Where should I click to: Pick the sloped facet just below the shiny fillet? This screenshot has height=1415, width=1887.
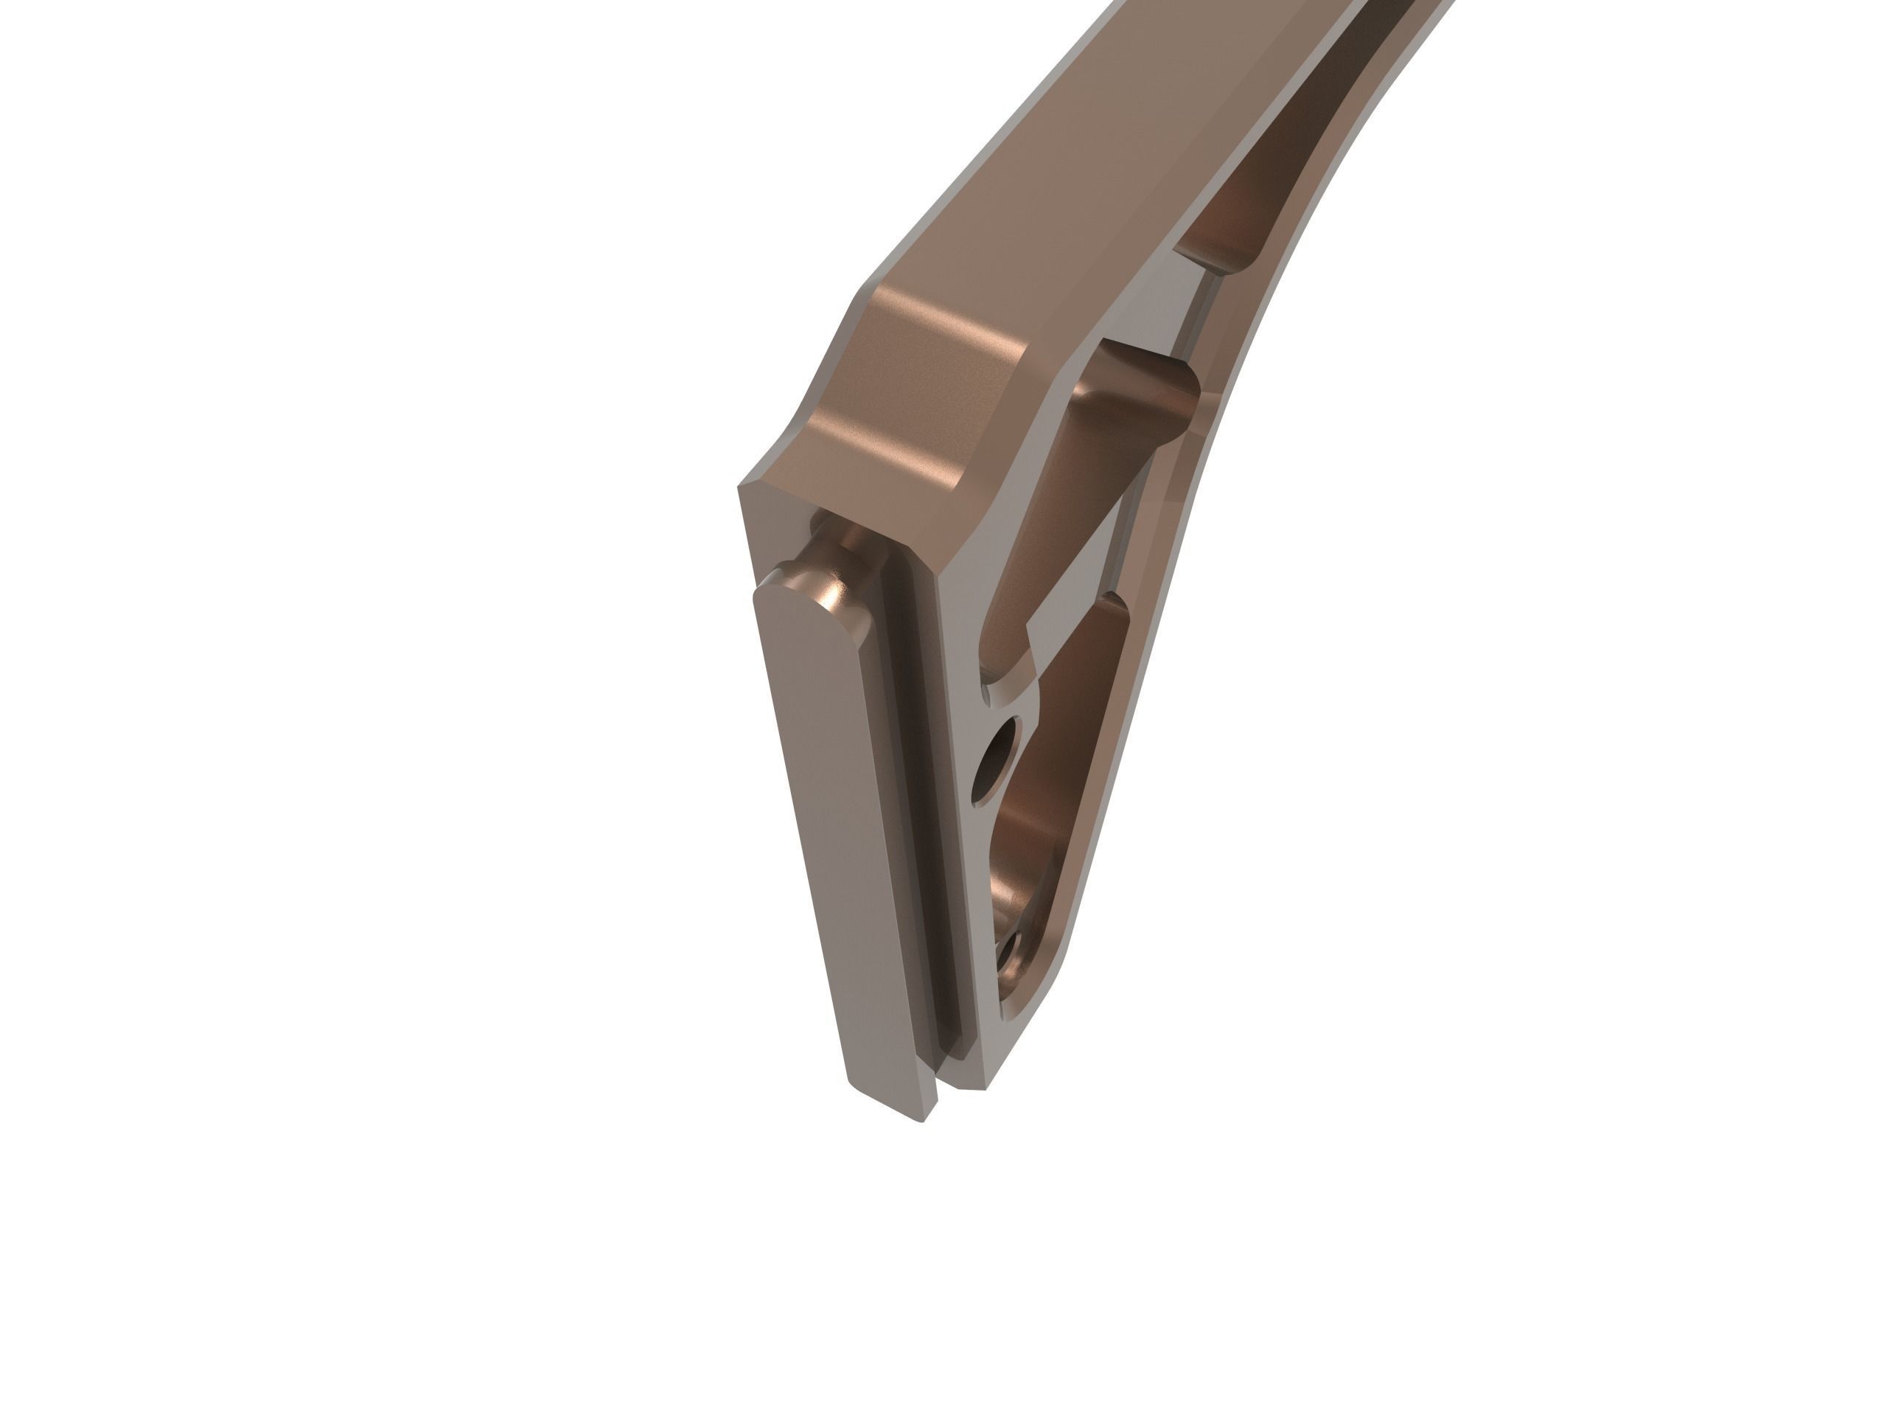879,452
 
